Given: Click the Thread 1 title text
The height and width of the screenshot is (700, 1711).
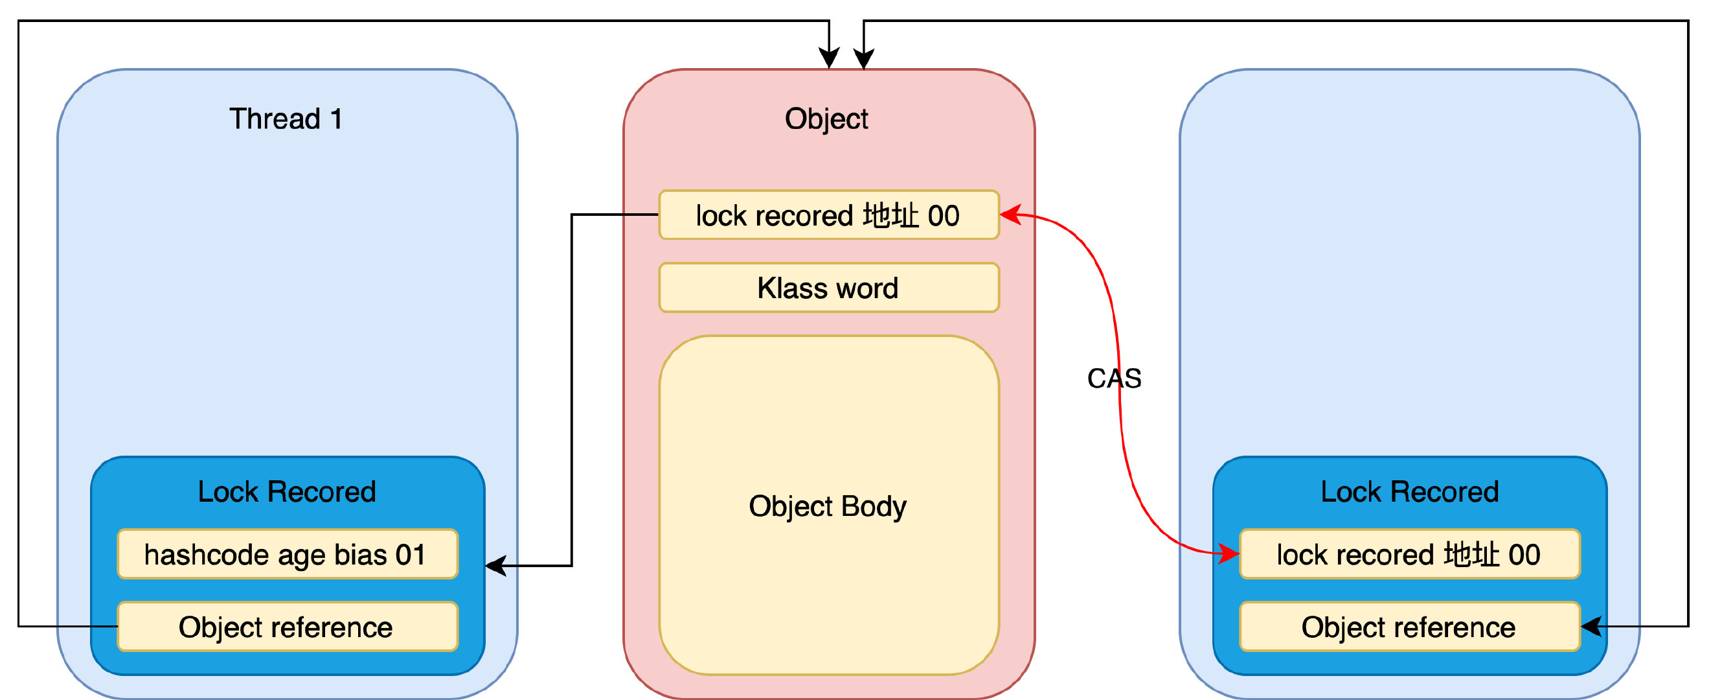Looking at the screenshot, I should pos(286,119).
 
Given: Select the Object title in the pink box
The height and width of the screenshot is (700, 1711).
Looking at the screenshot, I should pos(826,119).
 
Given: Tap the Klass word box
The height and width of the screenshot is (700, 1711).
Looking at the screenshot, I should pos(828,288).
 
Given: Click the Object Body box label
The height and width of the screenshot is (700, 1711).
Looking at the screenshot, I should pos(828,506).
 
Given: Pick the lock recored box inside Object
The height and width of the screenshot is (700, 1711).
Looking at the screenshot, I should pos(828,215).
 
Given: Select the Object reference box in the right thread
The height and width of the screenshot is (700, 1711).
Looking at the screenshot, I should pos(1408,627).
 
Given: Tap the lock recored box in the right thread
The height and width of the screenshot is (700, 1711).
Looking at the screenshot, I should pos(1408,554).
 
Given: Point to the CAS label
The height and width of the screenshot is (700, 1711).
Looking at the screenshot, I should pos(1114,379).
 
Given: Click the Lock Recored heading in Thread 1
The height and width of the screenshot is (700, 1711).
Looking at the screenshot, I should pos(287,492).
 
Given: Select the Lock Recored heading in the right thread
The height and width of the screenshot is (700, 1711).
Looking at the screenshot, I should pos(1409,492).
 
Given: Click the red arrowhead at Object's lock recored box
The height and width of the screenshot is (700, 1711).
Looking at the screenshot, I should pos(1010,215).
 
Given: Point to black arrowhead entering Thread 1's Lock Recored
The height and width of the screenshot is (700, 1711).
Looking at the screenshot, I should pos(495,566).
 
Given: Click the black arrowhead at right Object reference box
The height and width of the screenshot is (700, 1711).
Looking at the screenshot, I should pos(1591,626).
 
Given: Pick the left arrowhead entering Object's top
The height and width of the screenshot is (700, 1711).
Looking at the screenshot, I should pos(829,59).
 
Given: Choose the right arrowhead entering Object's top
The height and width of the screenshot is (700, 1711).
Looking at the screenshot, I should pos(863,59).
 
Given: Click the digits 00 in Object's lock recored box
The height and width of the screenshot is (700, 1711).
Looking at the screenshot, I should pos(943,216).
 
